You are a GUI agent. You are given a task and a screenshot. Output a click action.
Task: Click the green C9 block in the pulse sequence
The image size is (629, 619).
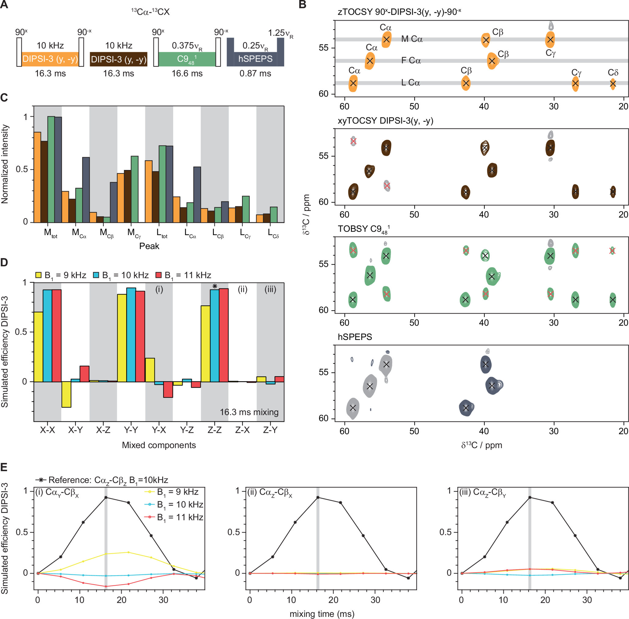(x=187, y=59)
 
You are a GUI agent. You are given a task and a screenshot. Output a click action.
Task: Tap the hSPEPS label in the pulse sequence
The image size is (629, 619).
(x=255, y=59)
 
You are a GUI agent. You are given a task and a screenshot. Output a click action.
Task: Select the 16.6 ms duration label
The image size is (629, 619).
(x=187, y=73)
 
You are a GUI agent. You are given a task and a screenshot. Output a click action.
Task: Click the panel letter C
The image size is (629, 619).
(x=4, y=98)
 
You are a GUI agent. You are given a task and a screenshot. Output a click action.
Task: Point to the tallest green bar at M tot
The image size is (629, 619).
(x=51, y=169)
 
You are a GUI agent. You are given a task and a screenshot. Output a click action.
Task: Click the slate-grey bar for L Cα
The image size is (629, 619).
(x=197, y=194)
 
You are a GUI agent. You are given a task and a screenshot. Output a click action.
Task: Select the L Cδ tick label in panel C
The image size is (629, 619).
(x=273, y=233)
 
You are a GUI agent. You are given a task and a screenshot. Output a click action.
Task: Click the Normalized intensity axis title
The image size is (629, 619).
(x=5, y=164)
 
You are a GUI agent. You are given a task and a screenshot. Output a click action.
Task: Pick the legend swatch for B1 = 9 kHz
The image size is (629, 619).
(x=39, y=275)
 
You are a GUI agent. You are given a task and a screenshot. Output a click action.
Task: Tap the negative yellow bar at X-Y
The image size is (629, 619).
(x=66, y=394)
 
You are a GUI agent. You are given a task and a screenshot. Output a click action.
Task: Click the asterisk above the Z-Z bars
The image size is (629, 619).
(x=214, y=286)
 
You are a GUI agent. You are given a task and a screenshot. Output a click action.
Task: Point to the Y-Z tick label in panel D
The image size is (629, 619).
(x=187, y=430)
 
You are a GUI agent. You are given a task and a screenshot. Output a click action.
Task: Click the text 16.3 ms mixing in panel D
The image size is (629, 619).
(x=249, y=412)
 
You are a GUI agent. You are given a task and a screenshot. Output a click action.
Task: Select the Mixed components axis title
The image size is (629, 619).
(x=159, y=445)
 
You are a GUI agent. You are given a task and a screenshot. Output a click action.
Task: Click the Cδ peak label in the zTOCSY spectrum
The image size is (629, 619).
(x=613, y=72)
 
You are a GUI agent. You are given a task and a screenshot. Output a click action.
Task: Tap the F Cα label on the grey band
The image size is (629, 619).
(x=411, y=61)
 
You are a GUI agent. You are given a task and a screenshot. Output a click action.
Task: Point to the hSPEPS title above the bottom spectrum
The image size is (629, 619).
(x=355, y=337)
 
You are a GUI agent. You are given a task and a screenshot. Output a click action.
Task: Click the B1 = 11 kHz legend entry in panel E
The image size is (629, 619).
(x=176, y=517)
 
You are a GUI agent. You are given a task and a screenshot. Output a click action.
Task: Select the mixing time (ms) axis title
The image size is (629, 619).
(x=322, y=614)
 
